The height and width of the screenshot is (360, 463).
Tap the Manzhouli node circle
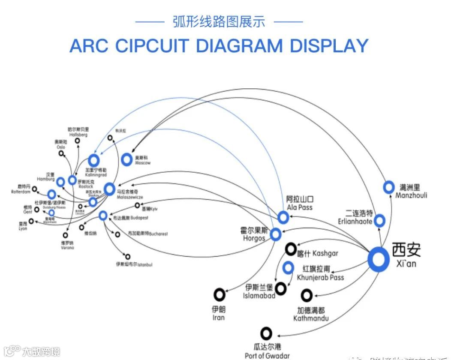(x=389, y=187)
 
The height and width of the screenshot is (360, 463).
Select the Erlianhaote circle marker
(x=379, y=221)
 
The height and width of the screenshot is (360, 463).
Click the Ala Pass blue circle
(x=283, y=217)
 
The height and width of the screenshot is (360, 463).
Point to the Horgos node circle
(x=275, y=234)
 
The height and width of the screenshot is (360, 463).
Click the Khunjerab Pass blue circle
(x=288, y=268)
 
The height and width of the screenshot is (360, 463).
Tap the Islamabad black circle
(x=281, y=288)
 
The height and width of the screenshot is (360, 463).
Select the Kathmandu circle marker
(x=306, y=295)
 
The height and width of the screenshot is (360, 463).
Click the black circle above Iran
(x=219, y=294)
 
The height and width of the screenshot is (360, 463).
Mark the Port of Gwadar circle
(x=266, y=333)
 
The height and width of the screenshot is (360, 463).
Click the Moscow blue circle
(x=126, y=159)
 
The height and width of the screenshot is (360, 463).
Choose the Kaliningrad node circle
(x=93, y=161)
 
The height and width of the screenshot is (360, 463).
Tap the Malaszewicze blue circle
(x=110, y=189)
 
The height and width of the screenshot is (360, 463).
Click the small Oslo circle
(x=61, y=153)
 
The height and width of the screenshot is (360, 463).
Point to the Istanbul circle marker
(x=128, y=257)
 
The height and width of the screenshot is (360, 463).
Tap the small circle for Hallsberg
(x=78, y=141)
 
